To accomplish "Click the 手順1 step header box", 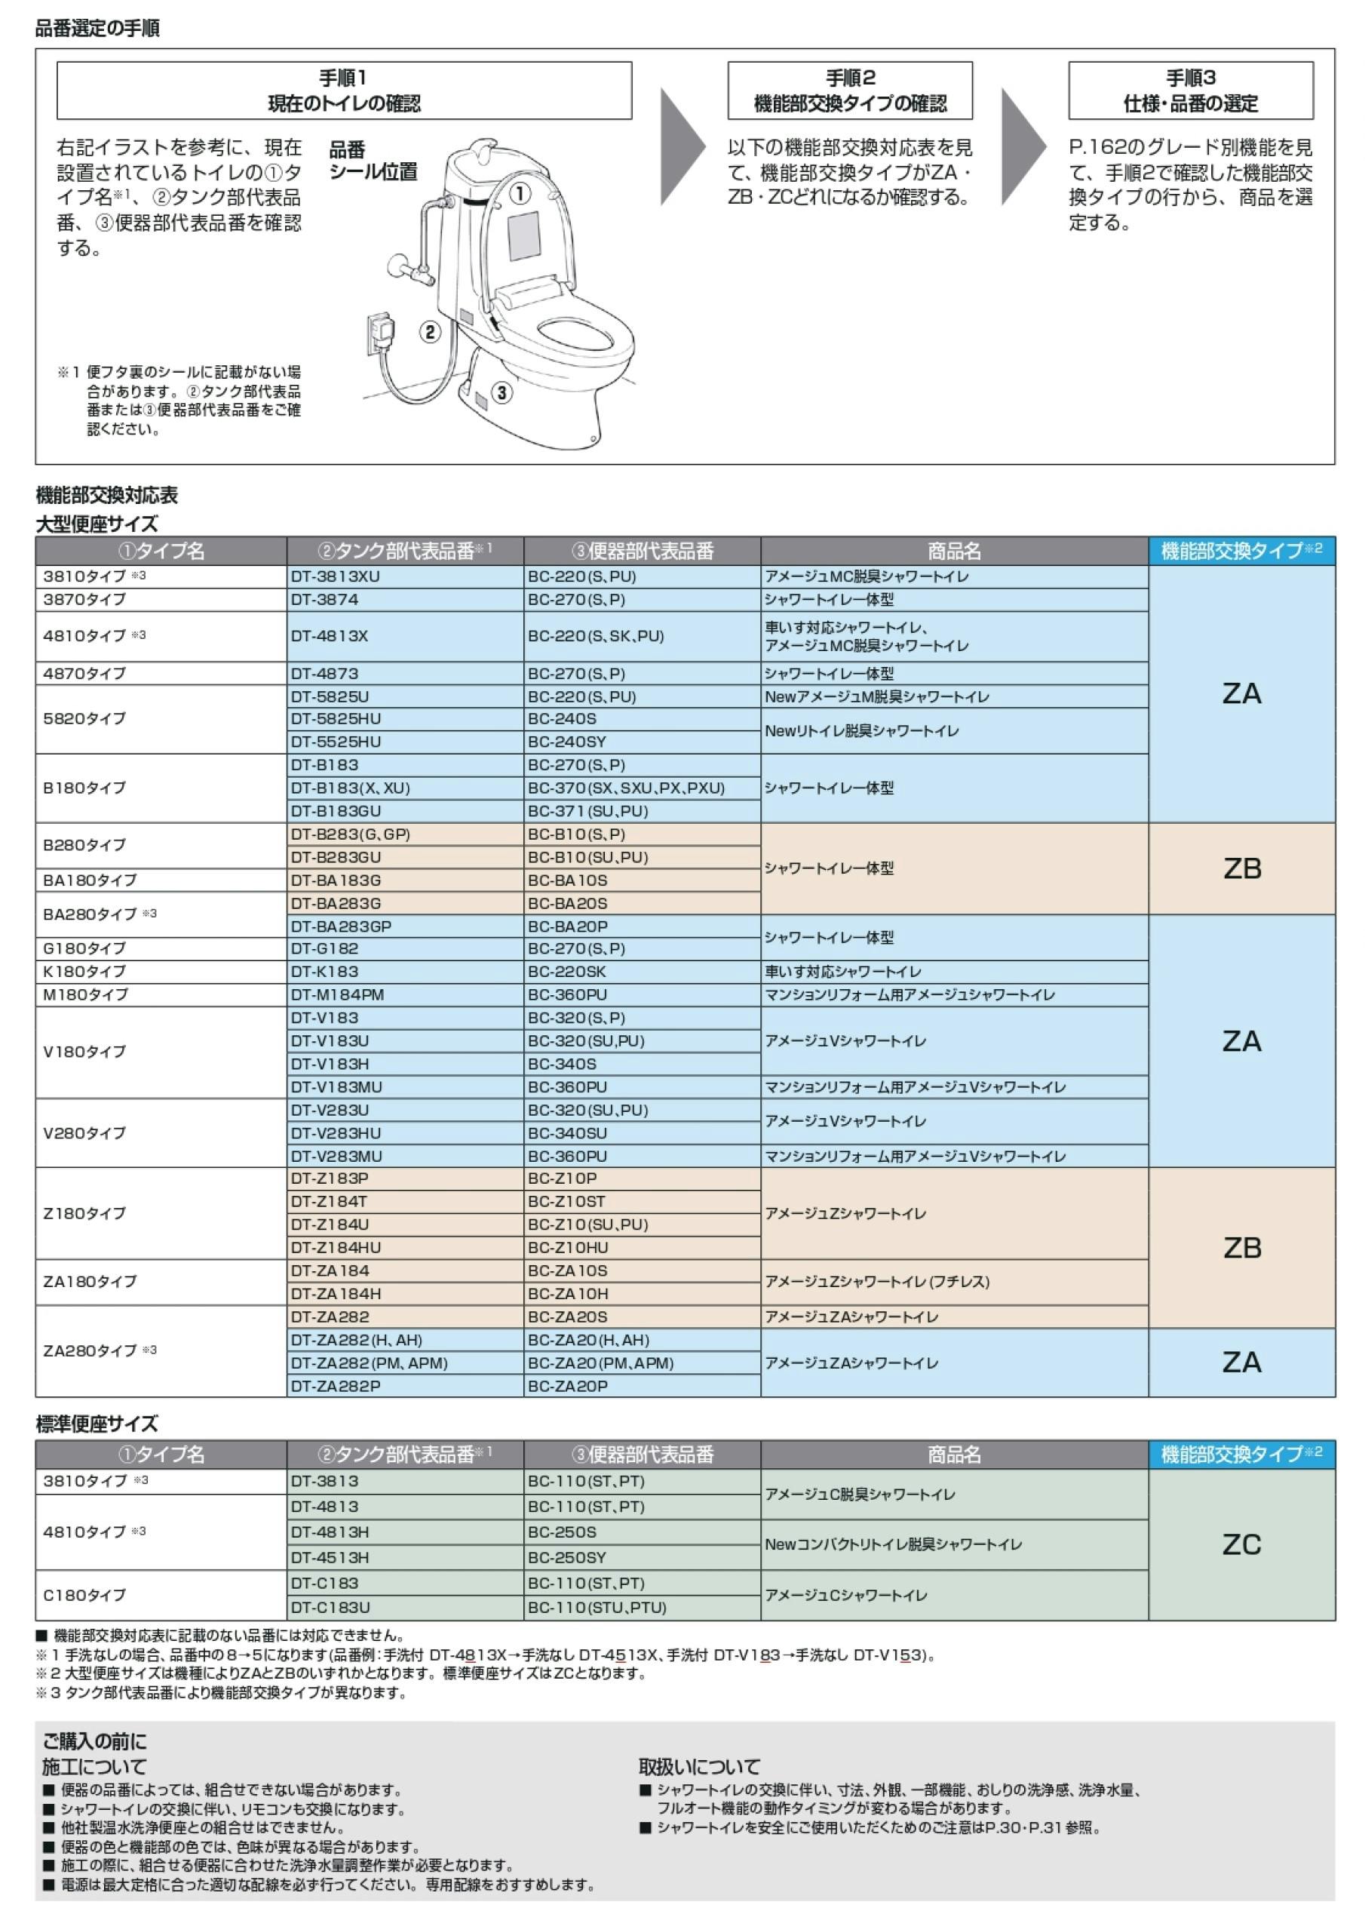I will (343, 91).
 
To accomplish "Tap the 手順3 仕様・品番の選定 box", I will (1189, 91).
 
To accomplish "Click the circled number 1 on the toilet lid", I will (520, 194).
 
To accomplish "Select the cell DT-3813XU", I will (405, 576).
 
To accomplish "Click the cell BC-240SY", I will (641, 742).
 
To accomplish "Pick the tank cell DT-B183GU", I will (405, 811).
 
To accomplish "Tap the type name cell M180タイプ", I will (161, 994).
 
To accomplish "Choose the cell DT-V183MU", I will (405, 1087).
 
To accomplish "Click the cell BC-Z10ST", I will (641, 1201).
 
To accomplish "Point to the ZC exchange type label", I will (1241, 1544).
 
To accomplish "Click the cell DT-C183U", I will (405, 1607).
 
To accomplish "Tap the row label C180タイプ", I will (161, 1594).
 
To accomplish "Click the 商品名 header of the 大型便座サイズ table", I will (954, 551).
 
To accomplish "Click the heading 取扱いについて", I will (698, 1766).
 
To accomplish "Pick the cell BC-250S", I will (641, 1532).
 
